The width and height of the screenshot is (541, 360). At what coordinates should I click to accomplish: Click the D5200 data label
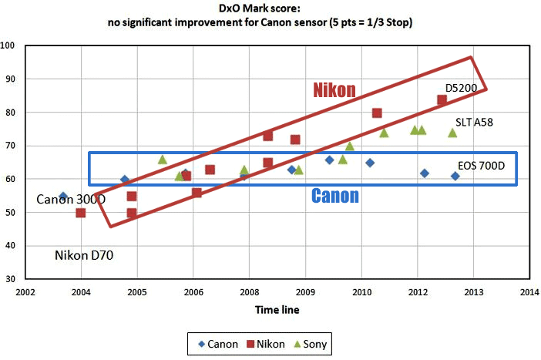[x=462, y=89]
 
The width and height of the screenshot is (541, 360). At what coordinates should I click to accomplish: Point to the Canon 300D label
[x=71, y=200]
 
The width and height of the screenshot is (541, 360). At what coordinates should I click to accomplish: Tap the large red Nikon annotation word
[x=334, y=90]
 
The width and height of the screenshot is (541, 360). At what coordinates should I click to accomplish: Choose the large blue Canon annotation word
[x=335, y=196]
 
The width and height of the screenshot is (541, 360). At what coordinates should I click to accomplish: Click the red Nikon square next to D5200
[x=442, y=99]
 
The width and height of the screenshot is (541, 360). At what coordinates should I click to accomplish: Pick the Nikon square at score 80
[x=377, y=113]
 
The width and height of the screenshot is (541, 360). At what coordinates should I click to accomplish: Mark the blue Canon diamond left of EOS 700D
[x=455, y=177]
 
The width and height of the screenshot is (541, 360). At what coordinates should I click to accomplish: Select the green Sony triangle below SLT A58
[x=452, y=133]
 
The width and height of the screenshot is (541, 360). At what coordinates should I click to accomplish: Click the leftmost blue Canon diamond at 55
[x=63, y=197]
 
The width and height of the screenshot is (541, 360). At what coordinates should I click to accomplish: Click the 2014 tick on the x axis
[x=529, y=293]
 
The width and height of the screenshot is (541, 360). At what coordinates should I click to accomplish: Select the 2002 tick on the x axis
[x=25, y=293]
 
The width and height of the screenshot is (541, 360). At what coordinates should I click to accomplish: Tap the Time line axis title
[x=277, y=310]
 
